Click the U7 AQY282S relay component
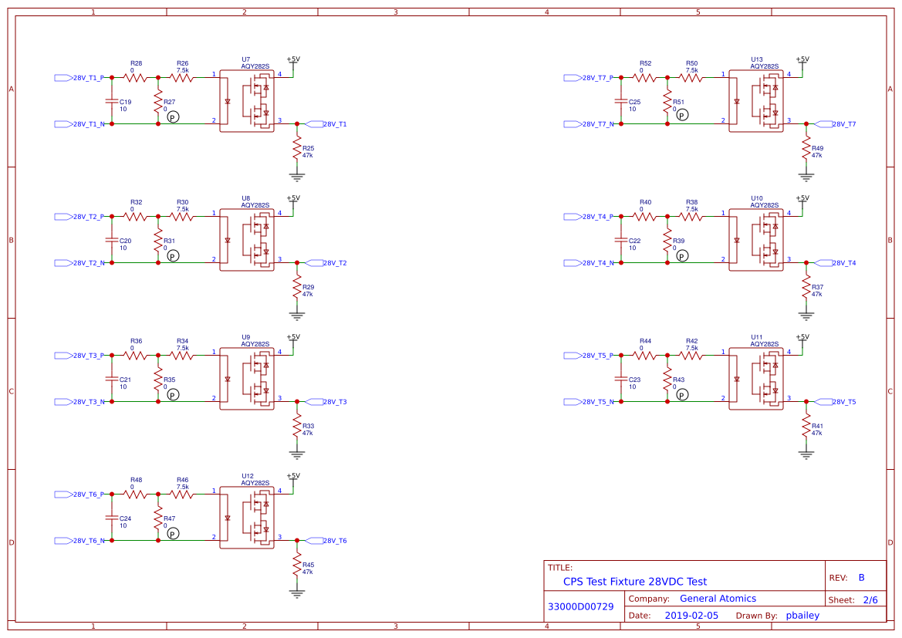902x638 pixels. (x=247, y=101)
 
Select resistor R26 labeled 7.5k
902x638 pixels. (x=182, y=77)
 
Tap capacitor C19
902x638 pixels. (x=112, y=101)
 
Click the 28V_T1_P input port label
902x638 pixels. (x=80, y=78)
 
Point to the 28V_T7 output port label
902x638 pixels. (x=840, y=124)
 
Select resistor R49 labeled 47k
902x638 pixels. (x=806, y=147)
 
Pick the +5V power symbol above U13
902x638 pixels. (x=802, y=59)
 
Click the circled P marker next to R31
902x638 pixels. (x=173, y=255)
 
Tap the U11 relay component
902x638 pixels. (x=756, y=379)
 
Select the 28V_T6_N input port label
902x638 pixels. (x=80, y=541)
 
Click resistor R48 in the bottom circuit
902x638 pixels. (x=136, y=494)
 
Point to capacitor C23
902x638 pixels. (x=621, y=379)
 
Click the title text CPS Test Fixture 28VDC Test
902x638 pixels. (x=634, y=582)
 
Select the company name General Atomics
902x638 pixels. (x=718, y=599)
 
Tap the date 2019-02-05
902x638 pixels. (x=691, y=616)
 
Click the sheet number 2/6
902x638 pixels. (x=870, y=599)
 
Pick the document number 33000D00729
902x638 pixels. (x=580, y=607)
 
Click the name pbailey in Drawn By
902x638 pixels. (x=802, y=616)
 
